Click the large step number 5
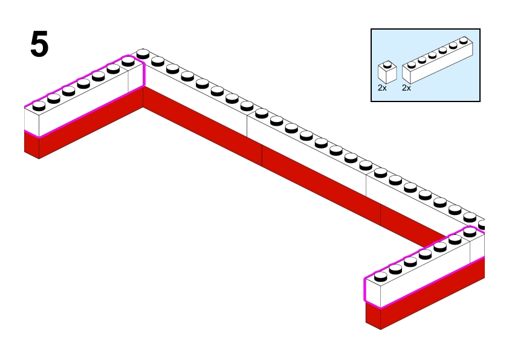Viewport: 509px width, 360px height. (x=39, y=45)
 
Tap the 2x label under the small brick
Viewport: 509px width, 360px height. (x=382, y=88)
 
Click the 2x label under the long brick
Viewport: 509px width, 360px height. (x=406, y=88)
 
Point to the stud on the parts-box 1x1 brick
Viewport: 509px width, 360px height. (x=387, y=63)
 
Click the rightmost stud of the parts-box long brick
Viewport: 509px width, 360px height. (x=464, y=40)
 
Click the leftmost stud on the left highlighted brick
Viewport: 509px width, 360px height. (x=39, y=105)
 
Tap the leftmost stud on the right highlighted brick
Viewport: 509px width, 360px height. (x=380, y=277)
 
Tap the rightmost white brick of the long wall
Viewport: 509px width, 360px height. (x=423, y=202)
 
